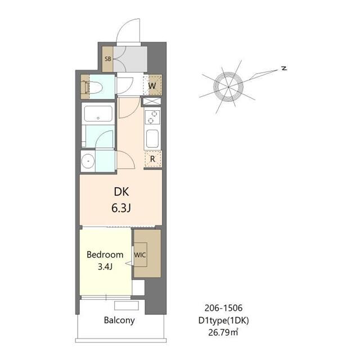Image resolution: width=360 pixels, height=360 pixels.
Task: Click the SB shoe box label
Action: tap(107, 58)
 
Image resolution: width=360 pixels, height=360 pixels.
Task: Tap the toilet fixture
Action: tap(93, 87)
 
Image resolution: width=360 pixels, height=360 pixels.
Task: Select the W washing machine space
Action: tap(152, 85)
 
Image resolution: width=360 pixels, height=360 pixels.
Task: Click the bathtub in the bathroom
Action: tap(98, 114)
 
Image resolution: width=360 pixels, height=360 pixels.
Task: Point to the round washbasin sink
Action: tap(88, 161)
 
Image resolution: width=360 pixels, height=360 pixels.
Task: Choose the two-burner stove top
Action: tap(152, 117)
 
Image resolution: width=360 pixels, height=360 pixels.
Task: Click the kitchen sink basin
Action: tap(152, 139)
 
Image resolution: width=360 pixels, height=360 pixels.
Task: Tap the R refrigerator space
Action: tap(153, 159)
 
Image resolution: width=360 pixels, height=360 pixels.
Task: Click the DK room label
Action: tap(121, 192)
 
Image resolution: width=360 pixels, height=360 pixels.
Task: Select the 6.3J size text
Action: tap(121, 208)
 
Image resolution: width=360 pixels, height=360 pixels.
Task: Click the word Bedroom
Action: tap(105, 255)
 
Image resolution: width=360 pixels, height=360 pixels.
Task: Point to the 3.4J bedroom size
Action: tap(105, 267)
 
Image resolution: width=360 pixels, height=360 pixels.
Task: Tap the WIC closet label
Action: tap(140, 255)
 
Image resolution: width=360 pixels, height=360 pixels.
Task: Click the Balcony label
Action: tap(119, 320)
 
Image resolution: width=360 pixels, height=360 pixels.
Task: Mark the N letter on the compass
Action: tap(285, 68)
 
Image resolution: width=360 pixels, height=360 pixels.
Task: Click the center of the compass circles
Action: tap(228, 87)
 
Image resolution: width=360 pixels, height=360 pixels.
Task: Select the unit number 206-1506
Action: tap(223, 308)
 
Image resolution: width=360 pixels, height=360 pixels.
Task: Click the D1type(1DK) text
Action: tap(224, 321)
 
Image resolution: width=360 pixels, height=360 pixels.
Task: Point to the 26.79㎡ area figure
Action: tap(223, 332)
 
